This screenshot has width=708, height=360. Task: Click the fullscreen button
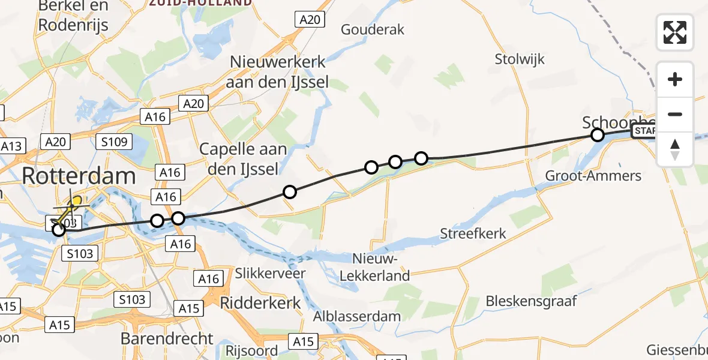coord(675,32)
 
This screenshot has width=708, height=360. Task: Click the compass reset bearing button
coord(675,149)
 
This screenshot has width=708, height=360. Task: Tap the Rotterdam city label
coord(79,176)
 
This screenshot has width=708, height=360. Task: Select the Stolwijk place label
coord(520,59)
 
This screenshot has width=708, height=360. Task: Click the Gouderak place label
coord(373,29)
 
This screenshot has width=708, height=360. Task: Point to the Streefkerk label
coord(473,233)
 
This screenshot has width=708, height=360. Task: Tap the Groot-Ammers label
coord(593,176)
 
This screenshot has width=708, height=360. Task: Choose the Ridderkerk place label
coord(260,302)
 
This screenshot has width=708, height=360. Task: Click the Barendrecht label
coord(166,338)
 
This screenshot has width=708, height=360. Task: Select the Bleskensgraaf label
coord(532,300)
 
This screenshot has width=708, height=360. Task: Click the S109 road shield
coord(113,142)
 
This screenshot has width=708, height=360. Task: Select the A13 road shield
coord(12,146)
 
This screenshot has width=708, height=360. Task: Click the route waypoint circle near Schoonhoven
coord(597,135)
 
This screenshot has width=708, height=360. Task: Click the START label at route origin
coord(644,131)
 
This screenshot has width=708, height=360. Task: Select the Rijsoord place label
coord(251,351)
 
